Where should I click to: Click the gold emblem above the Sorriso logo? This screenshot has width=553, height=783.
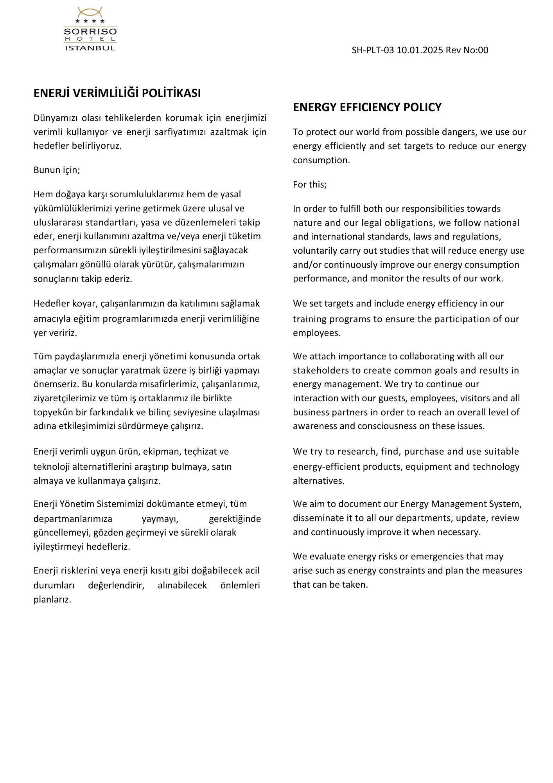click(90, 12)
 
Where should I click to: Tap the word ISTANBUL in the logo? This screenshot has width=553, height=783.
click(90, 48)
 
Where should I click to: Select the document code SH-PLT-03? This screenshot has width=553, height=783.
click(373, 50)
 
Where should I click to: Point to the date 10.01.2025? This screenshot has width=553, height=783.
click(420, 50)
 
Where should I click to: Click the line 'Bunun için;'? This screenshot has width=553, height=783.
click(57, 170)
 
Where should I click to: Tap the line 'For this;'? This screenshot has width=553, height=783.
click(310, 184)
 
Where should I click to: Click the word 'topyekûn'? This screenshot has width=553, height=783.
click(50, 412)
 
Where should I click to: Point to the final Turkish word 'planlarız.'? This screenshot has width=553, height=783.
click(52, 599)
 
